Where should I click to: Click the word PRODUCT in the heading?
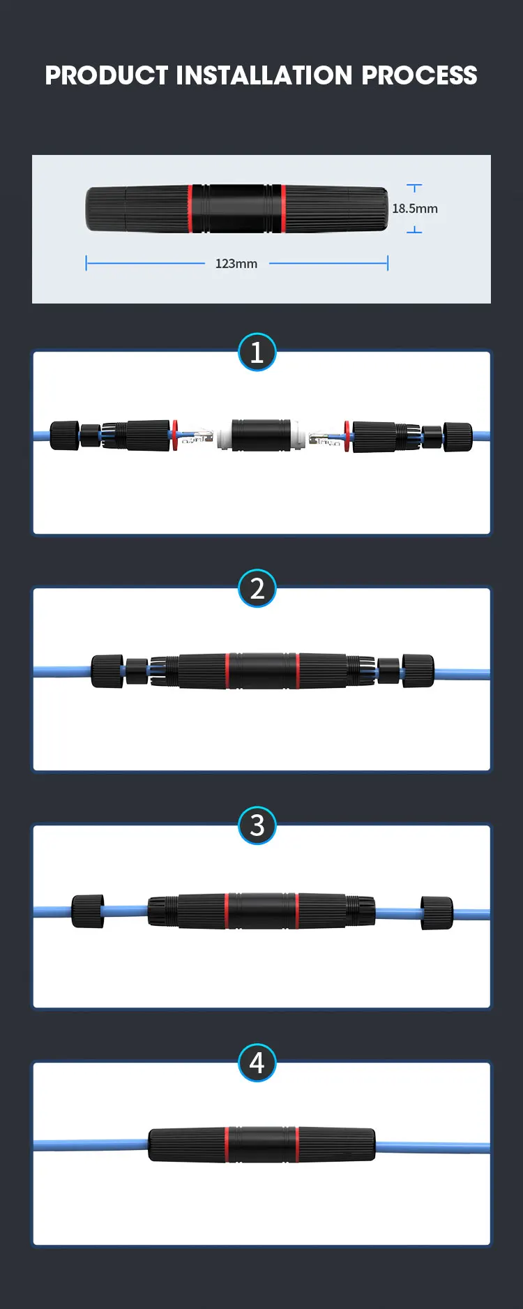(107, 75)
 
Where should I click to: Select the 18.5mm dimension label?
(415, 209)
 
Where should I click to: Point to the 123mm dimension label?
(236, 264)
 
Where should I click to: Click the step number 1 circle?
(257, 352)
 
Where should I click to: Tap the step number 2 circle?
(257, 589)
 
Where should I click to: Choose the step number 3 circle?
(257, 825)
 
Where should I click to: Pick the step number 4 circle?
(257, 1063)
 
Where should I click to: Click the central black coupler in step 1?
(261, 435)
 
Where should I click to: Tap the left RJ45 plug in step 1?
(197, 437)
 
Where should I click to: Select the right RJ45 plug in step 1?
(325, 438)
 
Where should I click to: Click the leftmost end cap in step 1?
(64, 436)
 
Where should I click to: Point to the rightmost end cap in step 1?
(458, 437)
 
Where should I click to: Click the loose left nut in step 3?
(88, 911)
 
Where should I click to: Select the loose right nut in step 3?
(437, 913)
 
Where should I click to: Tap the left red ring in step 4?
(227, 1144)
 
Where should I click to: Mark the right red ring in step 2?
(297, 671)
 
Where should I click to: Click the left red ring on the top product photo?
(190, 209)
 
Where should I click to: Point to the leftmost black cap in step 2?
(107, 671)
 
